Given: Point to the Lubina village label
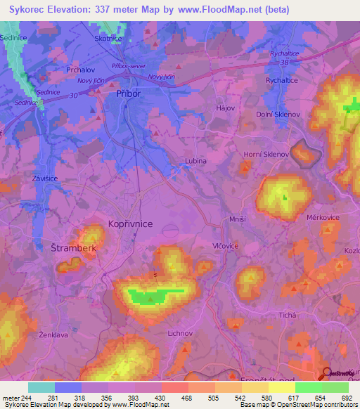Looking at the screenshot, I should [x=195, y=161].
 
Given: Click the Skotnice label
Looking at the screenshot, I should [x=108, y=39].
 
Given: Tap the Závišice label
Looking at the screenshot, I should [x=44, y=178].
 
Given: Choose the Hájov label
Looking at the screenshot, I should [x=225, y=108].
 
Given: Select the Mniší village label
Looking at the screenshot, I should [x=237, y=220].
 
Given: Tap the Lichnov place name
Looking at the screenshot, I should [x=181, y=333].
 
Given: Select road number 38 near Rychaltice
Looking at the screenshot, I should [x=284, y=63].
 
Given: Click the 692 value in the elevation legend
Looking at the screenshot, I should [x=347, y=397].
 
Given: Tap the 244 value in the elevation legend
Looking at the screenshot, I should [x=27, y=397].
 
